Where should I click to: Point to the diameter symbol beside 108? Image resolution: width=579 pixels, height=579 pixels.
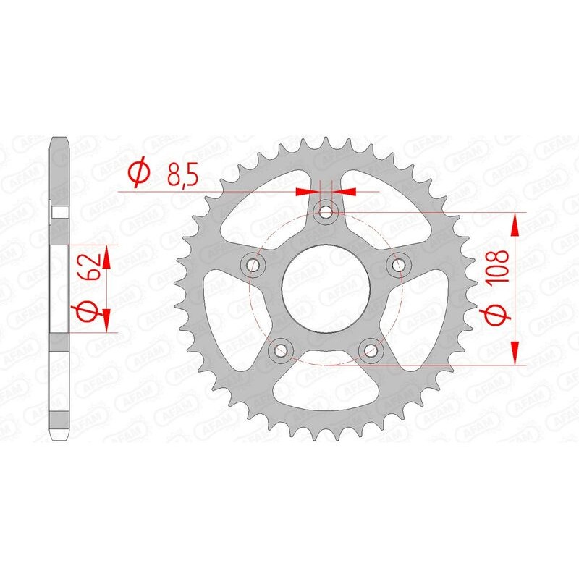tap(494, 317)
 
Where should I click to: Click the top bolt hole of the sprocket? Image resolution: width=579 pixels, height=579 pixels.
tap(326, 211)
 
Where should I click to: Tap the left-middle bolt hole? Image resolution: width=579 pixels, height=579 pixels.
tap(253, 264)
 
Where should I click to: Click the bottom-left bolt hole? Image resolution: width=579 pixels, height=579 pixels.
tap(280, 350)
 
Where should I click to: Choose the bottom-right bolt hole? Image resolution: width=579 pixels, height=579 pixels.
tap(371, 350)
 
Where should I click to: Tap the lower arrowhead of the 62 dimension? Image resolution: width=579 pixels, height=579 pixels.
tap(106, 319)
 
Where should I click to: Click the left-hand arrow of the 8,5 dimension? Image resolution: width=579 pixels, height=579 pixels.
tap(307, 191)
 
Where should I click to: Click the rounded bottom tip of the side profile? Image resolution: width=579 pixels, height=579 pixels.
tap(59, 436)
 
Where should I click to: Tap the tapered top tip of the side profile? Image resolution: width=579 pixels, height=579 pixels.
tap(59, 139)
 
